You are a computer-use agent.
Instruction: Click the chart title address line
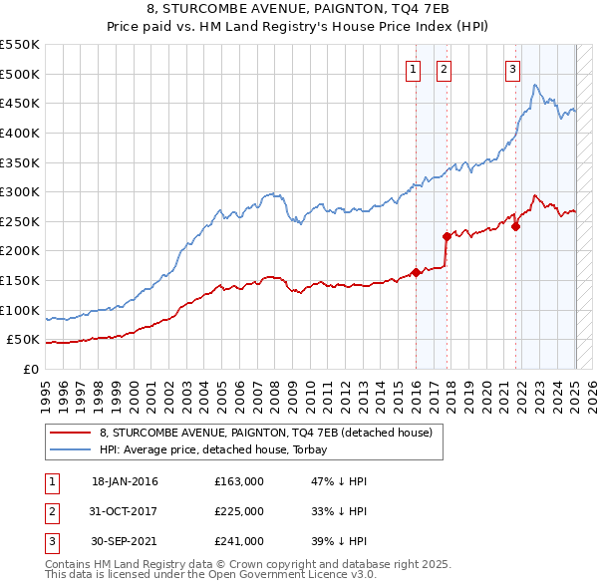[x=299, y=11]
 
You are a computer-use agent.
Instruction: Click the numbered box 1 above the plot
[x=413, y=69]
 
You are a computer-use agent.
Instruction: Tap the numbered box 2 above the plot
[x=444, y=69]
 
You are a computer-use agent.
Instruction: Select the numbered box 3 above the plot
[x=512, y=69]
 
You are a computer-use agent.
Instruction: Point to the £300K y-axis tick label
[x=19, y=191]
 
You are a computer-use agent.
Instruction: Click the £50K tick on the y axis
[x=23, y=340]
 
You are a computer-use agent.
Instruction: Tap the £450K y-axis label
[x=19, y=103]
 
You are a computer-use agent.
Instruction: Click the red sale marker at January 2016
[x=415, y=272]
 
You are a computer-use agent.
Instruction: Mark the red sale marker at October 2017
[x=447, y=236]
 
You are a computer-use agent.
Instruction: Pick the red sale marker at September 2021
[x=516, y=226]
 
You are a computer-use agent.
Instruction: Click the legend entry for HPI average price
[x=220, y=449]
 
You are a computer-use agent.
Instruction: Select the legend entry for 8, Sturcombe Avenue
[x=265, y=434]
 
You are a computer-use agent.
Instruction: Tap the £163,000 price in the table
[x=239, y=481]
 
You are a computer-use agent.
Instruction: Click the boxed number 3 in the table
[x=51, y=541]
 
